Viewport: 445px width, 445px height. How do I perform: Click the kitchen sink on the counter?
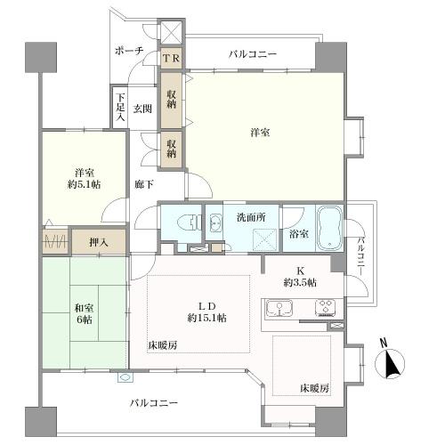point(279,310)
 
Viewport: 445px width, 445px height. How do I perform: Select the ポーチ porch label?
point(129,52)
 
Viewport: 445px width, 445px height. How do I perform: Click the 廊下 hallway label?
point(143,184)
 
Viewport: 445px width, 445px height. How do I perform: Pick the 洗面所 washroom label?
point(252,215)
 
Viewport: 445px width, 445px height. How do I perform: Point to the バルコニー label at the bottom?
point(154,403)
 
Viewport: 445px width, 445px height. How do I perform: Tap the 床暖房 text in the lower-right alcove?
point(314,388)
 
